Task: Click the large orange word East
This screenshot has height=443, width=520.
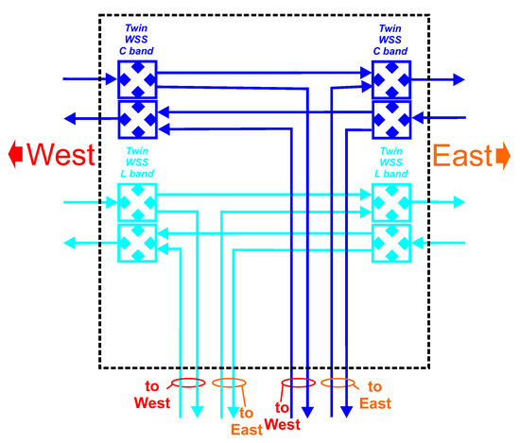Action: (x=462, y=155)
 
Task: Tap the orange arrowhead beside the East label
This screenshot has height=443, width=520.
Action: (x=504, y=154)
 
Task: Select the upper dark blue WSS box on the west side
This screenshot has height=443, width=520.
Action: (x=137, y=79)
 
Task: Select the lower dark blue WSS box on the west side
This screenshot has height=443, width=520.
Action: (x=137, y=118)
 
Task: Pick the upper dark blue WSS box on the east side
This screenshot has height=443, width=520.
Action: (x=391, y=79)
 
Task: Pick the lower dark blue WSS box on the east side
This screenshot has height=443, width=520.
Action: (x=391, y=118)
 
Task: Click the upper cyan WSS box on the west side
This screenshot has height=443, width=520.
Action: (x=137, y=202)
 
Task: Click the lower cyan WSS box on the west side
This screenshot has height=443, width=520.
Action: (x=137, y=243)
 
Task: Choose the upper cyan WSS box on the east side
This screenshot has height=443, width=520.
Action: (x=391, y=202)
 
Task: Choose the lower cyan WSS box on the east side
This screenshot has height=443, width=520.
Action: (x=391, y=243)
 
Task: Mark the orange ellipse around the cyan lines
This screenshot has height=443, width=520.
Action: (x=230, y=383)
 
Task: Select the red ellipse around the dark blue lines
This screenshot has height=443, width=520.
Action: (x=295, y=384)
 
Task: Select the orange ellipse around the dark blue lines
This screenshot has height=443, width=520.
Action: (x=338, y=383)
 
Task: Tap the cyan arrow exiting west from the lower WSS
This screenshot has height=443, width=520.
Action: (x=85, y=243)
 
